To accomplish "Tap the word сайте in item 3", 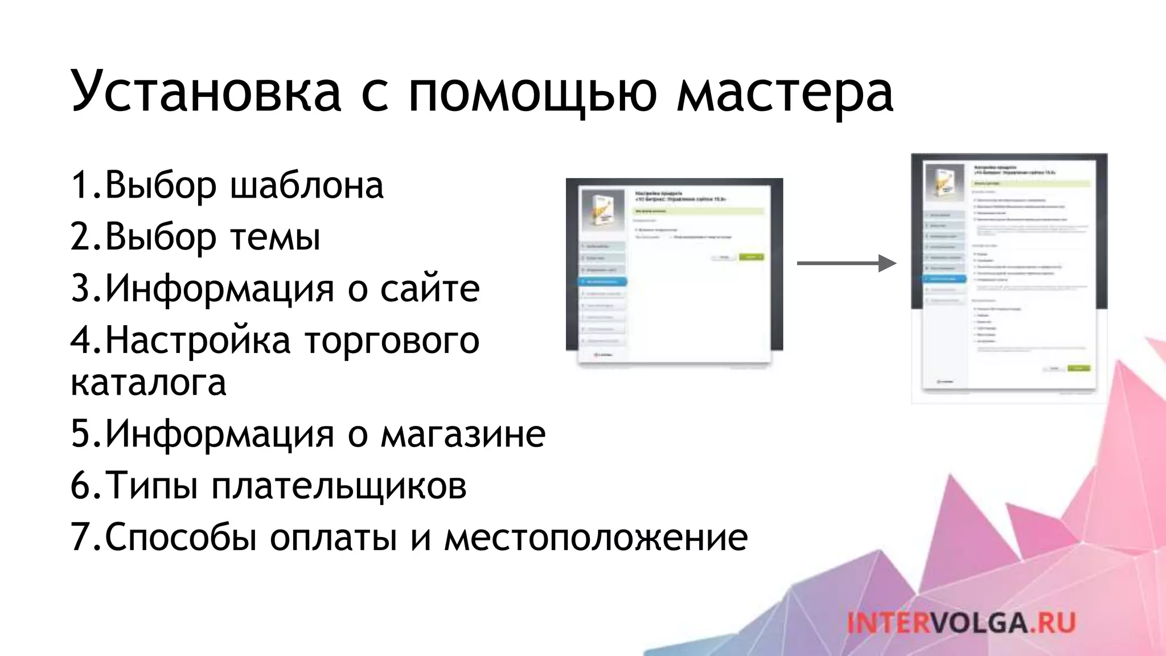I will coord(430,289).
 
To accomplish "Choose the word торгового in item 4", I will coord(392,341).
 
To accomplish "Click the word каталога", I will coord(149,382).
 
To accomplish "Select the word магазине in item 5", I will coord(463,434).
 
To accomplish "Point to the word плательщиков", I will coord(339,486).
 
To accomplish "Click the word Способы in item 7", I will coord(181,538).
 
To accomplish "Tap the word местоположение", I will coord(596,538).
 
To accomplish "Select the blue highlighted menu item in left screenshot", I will coord(602,281).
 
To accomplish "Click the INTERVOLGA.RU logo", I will coord(960,622).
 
